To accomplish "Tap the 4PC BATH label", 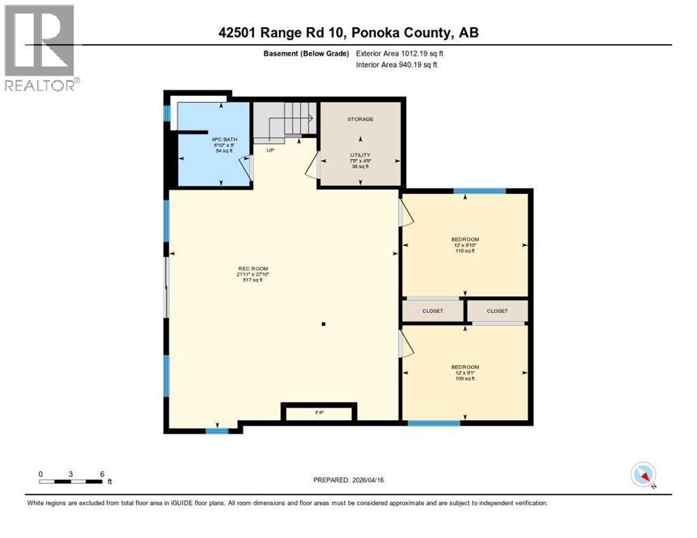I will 224,139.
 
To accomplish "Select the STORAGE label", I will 360,119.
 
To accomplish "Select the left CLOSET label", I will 433,310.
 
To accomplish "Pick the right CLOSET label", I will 497,310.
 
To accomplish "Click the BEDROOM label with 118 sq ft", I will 465,240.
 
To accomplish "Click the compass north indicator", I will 643,475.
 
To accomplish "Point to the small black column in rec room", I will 323,324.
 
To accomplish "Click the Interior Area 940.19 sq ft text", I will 397,64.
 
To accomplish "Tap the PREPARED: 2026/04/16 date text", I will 348,481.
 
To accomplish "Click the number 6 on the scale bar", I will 102,474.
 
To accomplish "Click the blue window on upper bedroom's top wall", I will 480,191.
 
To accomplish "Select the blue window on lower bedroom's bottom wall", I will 434,422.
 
